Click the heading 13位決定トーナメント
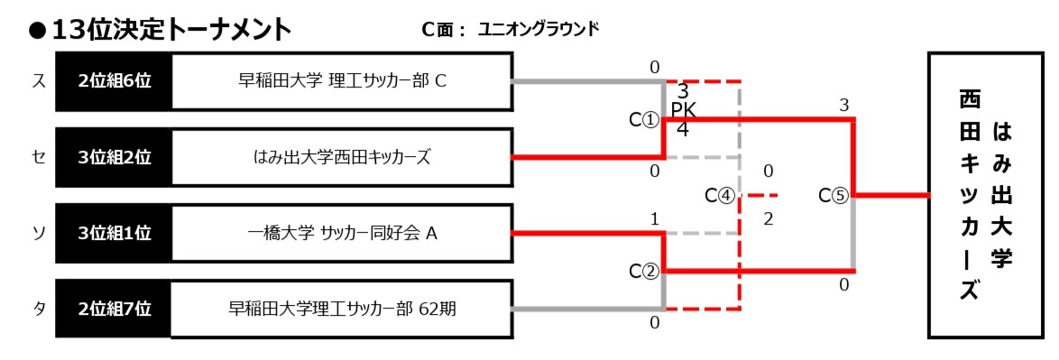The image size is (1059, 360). pos(171,30)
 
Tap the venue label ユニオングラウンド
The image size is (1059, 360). pos(538,29)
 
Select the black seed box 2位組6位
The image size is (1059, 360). pos(114,81)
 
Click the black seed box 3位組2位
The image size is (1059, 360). pos(114,158)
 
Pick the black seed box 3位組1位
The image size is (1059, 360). pos(114,234)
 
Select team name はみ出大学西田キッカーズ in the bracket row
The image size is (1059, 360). pos(341,158)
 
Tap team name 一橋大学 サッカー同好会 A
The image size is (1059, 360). pos(341,234)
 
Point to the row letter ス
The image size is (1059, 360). pos(39,81)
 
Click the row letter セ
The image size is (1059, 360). pos(39,158)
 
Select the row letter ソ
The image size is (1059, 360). pos(39,234)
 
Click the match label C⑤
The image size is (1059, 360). pos(833,195)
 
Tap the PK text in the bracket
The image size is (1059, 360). pos(683,110)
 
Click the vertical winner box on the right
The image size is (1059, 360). pos(986,195)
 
